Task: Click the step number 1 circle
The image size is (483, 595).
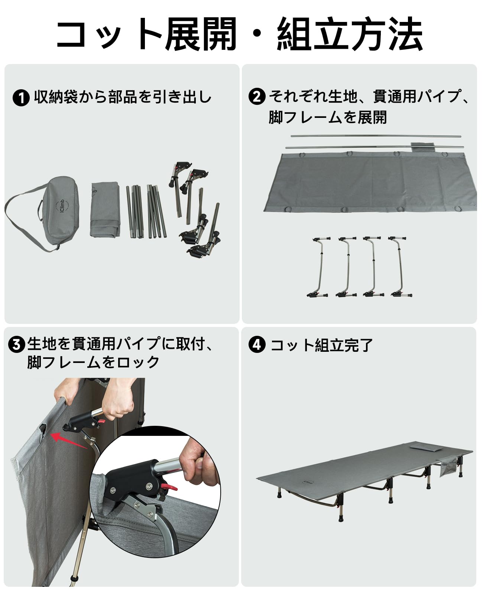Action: (21, 98)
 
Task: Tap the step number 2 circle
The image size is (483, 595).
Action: (257, 97)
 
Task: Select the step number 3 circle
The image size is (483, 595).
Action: (16, 345)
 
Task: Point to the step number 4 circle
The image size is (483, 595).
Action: (257, 344)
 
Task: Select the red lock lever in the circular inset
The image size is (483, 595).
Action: (169, 487)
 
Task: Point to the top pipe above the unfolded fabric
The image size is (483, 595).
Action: (375, 136)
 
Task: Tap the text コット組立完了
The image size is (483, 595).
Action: (322, 345)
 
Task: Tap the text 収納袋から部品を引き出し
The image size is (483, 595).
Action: (123, 97)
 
